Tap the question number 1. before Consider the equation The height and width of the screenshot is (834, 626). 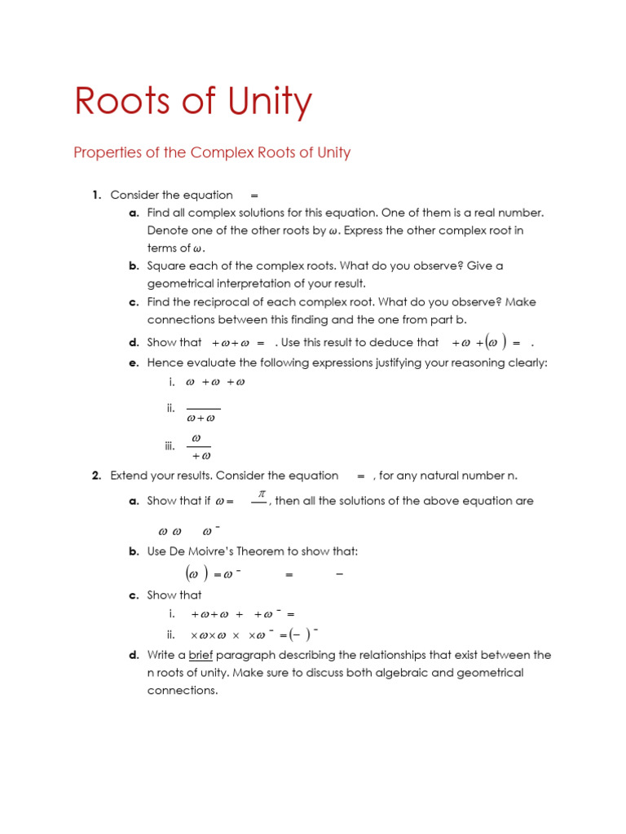(96, 195)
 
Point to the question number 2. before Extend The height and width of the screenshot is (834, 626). (96, 476)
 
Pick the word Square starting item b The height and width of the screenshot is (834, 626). (167, 266)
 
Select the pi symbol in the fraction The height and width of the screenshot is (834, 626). (262, 494)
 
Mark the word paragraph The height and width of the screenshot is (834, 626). (252, 655)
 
